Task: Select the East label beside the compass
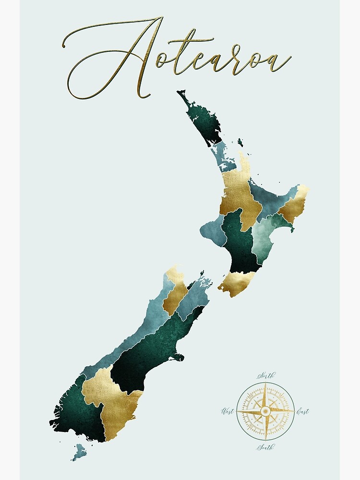pos(302,411)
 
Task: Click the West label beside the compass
pos(228,411)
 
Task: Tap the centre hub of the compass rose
pos(265,411)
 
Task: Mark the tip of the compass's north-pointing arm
pos(265,384)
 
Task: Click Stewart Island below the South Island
pos(79,451)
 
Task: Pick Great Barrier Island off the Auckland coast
pos(240,143)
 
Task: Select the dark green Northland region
pos(202,120)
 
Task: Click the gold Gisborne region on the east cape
pos(294,206)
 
